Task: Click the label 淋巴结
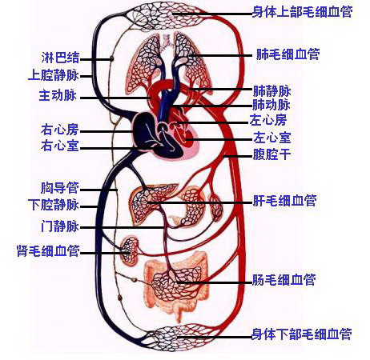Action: (60, 58)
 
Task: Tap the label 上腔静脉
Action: (54, 75)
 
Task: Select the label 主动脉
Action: (58, 95)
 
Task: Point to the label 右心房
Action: (60, 130)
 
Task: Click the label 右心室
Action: (60, 146)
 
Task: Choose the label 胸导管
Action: (60, 188)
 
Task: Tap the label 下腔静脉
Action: (54, 205)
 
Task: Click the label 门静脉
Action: (60, 226)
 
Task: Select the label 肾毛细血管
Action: (48, 250)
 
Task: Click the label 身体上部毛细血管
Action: (302, 12)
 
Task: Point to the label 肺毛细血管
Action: (288, 54)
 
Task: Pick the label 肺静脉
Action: (271, 91)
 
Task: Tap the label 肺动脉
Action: (271, 105)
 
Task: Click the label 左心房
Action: (268, 120)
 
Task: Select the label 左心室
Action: (272, 138)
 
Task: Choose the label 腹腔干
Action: (271, 154)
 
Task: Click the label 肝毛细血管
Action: (284, 201)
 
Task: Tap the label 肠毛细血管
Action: (284, 280)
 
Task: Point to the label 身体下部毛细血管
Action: (302, 334)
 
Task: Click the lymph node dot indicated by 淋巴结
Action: (112, 58)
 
